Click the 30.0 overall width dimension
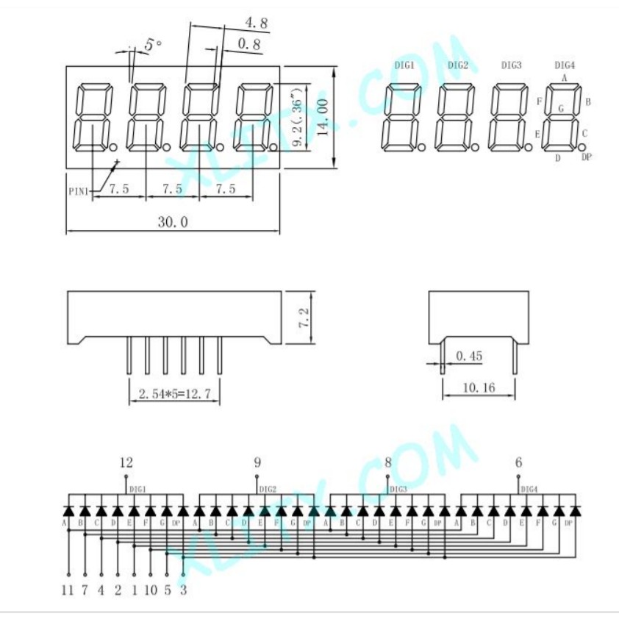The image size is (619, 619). (x=173, y=222)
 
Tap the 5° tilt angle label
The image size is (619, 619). (x=153, y=46)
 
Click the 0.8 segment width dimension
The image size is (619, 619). (x=249, y=45)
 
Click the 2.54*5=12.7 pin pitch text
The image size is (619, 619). (x=175, y=395)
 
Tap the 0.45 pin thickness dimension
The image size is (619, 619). (x=469, y=357)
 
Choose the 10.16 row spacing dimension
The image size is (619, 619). (x=479, y=388)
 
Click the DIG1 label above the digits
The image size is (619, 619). (x=404, y=65)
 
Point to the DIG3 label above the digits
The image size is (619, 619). (x=512, y=65)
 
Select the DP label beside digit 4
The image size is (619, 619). (x=586, y=157)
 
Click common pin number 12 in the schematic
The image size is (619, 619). (x=126, y=462)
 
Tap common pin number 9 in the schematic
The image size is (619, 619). (x=257, y=462)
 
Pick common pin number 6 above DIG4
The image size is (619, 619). (x=519, y=462)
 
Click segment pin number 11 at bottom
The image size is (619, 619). (x=68, y=590)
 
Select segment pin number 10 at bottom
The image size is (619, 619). (x=150, y=590)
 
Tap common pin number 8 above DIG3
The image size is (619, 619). (x=388, y=462)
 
